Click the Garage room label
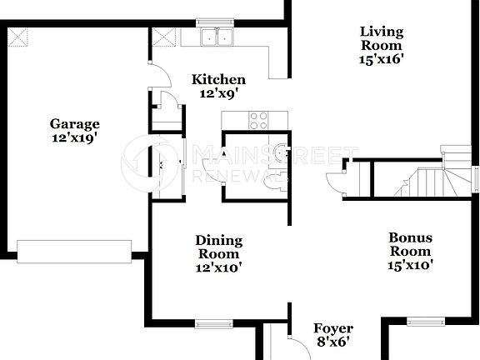[73, 124]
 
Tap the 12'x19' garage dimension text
[73, 138]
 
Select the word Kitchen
[218, 80]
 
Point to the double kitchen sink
[218, 37]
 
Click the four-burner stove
[259, 120]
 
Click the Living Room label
[381, 39]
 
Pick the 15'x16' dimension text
[381, 59]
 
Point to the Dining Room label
[218, 247]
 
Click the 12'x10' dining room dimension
[218, 268]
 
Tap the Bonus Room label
[411, 244]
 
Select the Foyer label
[332, 328]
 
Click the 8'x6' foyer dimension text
[332, 342]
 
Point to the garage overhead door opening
[74, 251]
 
